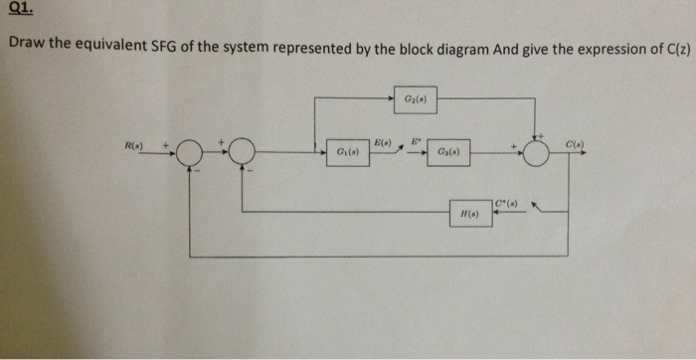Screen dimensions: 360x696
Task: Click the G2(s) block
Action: click(416, 98)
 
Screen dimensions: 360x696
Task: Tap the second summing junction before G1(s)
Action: click(242, 153)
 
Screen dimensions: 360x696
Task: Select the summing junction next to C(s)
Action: click(538, 153)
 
